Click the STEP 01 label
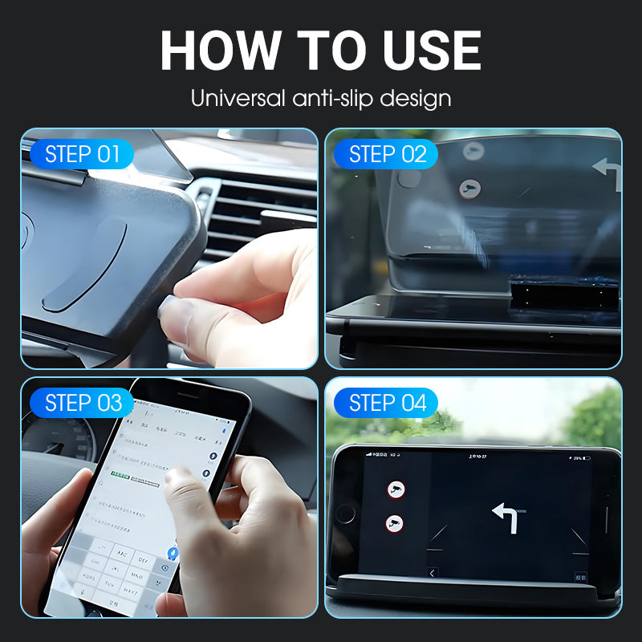point(82,154)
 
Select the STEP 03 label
point(83,403)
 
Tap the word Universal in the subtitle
point(238,99)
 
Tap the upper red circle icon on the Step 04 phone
point(395,489)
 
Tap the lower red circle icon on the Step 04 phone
point(395,523)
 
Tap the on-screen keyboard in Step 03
point(120,566)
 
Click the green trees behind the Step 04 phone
point(594,417)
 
